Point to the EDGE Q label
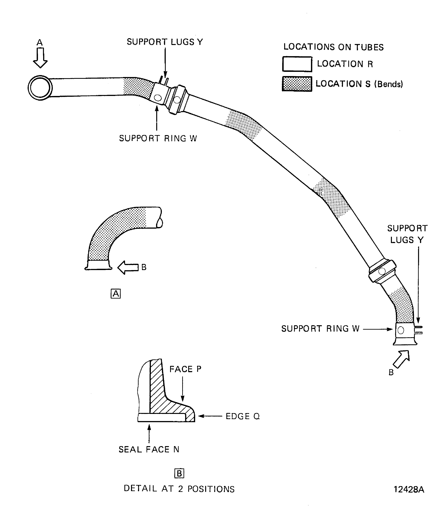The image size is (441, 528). [242, 416]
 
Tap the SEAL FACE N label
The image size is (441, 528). [149, 449]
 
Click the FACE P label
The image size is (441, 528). [185, 369]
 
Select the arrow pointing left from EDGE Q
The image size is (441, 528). [210, 416]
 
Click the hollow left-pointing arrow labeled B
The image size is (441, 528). [128, 267]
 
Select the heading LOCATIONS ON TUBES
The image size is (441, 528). [333, 47]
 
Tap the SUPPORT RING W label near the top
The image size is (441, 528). [158, 138]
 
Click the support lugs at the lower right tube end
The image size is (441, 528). [419, 330]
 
